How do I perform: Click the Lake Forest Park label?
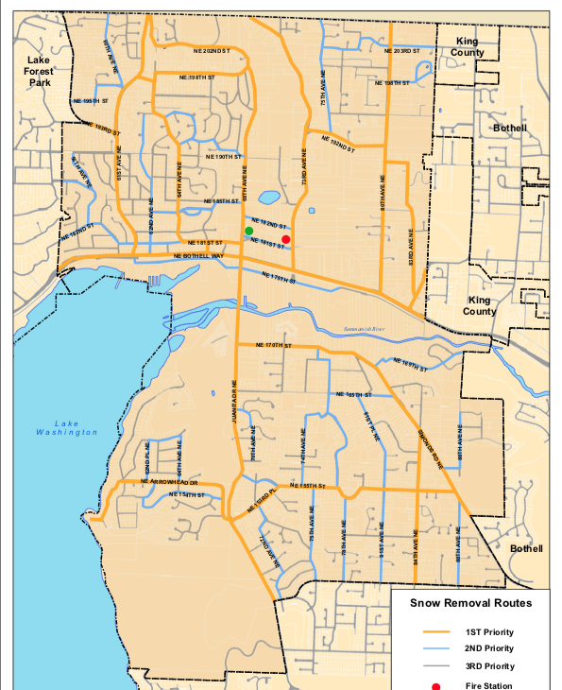coord(39,71)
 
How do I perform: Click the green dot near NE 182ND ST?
coord(248,231)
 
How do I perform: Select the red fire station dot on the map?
coord(285,240)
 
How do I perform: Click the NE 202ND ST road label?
coord(206,48)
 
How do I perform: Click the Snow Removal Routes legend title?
coord(470,602)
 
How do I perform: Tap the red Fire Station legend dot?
coord(435,685)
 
